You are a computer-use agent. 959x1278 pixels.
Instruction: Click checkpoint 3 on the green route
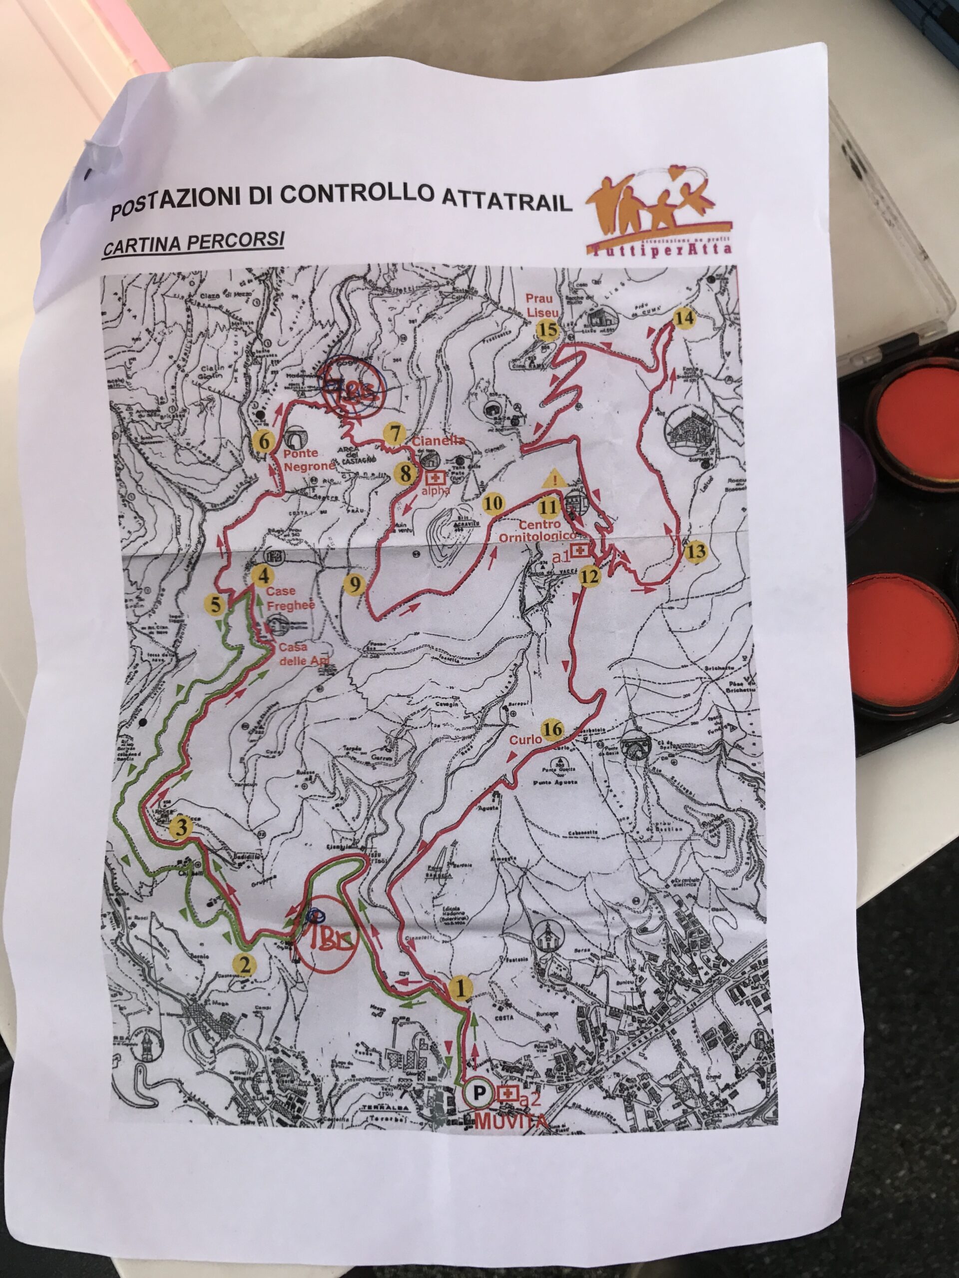[x=181, y=828]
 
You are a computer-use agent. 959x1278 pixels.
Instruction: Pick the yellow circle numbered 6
[x=264, y=442]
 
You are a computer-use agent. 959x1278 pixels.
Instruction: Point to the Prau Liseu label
[x=540, y=306]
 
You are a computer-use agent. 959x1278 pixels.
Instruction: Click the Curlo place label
[x=525, y=739]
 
